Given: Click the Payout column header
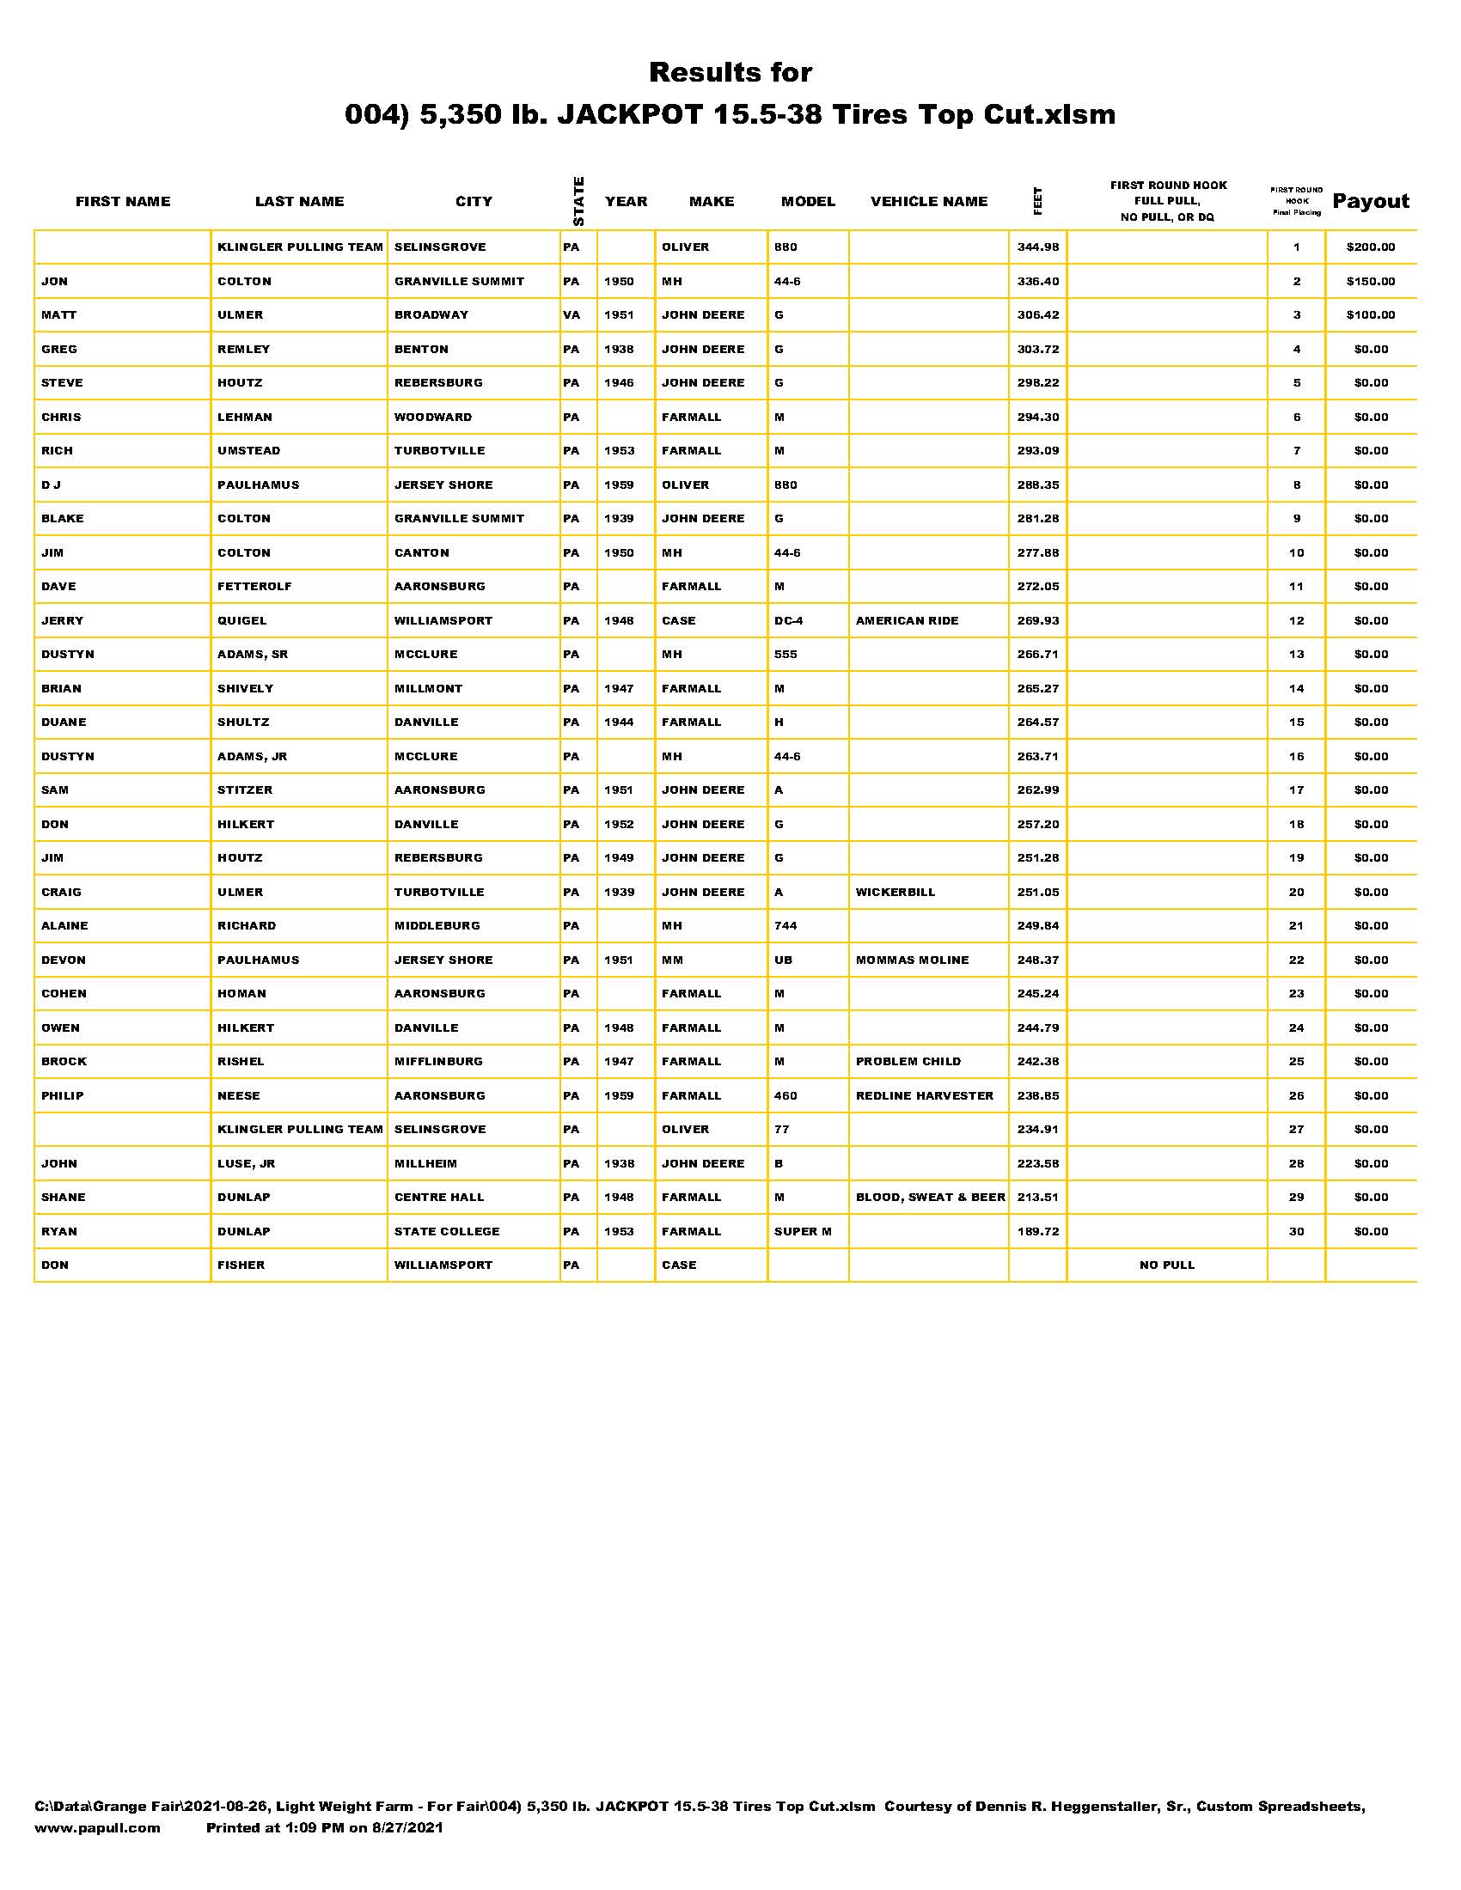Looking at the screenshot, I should tap(1370, 202).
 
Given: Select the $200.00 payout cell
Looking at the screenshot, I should tap(1370, 247).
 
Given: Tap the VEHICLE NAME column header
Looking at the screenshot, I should tap(929, 202).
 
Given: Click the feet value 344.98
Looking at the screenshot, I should tap(1038, 247).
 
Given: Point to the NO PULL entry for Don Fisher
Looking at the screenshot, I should tap(1167, 1265).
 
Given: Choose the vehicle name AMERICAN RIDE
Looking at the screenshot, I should tap(907, 620).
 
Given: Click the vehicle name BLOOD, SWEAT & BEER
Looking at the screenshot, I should tap(931, 1198).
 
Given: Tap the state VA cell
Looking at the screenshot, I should tap(572, 315).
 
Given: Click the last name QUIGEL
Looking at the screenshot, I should tap(242, 620).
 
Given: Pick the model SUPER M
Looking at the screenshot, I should tap(803, 1231).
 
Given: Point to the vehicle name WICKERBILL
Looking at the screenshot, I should tap(895, 893).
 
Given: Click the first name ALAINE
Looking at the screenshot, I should tap(65, 926).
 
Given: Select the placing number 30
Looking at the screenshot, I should tap(1296, 1231).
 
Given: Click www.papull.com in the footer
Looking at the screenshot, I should tap(97, 1827).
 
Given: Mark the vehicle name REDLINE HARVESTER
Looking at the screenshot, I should tap(925, 1095).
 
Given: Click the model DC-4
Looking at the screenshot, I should tap(788, 620).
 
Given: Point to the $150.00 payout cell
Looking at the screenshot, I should tap(1370, 281).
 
